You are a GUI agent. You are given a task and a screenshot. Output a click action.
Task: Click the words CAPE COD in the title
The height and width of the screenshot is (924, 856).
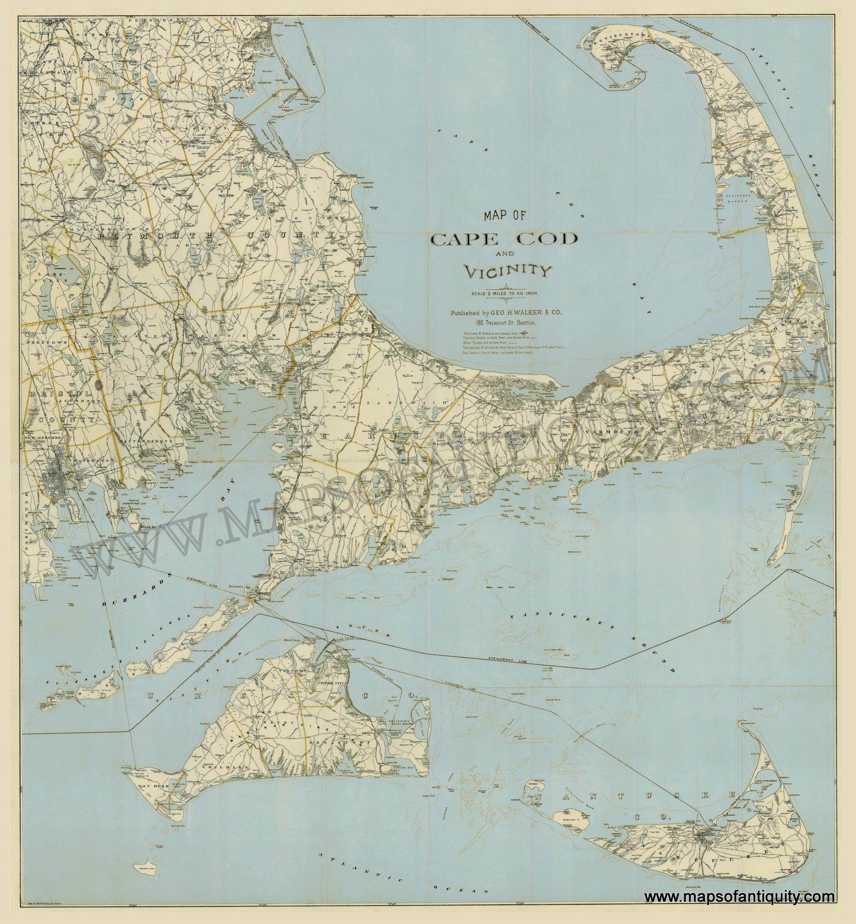504,239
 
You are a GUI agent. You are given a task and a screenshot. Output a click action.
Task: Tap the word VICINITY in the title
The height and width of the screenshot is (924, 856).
508,272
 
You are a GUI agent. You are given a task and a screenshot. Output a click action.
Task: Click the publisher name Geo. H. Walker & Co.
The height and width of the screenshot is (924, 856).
506,313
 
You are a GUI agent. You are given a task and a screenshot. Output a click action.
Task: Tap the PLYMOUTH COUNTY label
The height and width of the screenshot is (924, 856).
216,236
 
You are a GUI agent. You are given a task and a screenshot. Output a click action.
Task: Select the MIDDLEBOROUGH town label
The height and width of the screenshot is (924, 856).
109,229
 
